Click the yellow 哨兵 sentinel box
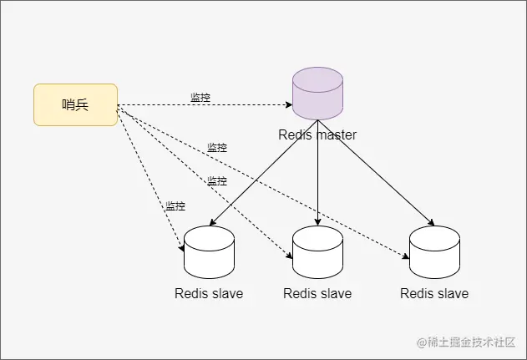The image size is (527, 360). (x=75, y=104)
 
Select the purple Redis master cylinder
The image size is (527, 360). (x=317, y=94)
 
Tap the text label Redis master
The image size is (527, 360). (x=317, y=134)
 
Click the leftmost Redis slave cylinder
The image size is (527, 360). (x=209, y=252)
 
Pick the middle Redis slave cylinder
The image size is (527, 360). (x=317, y=252)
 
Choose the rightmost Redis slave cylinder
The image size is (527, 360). (x=434, y=252)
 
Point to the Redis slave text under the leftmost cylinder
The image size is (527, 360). (x=209, y=293)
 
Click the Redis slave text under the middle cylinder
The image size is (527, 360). (x=317, y=293)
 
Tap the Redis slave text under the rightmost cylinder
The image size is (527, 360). (x=434, y=293)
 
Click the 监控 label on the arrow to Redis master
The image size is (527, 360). (x=200, y=98)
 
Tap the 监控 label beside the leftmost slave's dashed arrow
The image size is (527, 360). (x=175, y=205)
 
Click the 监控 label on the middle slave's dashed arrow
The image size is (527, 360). (x=217, y=180)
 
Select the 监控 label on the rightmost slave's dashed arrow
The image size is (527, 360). (x=217, y=147)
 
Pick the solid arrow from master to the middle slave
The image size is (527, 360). (x=317, y=180)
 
